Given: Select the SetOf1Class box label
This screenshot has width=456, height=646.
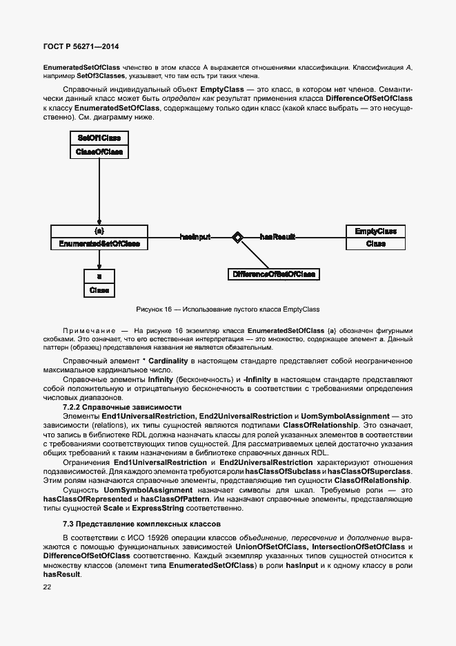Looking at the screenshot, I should pos(99,138).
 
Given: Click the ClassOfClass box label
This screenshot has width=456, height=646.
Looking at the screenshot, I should pos(99,151).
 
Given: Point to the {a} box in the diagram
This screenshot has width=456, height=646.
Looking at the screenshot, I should pos(99,231).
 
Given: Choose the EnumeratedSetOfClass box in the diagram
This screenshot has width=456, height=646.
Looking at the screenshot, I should pos(99,244).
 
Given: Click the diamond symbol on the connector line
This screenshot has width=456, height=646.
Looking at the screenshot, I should pos(237,237).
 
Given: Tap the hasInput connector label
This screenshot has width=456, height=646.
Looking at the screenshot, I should pos(195,237).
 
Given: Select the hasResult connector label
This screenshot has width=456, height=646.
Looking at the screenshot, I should pos(277,237).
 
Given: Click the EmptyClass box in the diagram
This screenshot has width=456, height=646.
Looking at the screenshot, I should pos(375,231).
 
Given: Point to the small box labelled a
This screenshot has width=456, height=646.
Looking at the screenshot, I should pos(99,277).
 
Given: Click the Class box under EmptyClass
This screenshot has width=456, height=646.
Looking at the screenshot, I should pos(375,244).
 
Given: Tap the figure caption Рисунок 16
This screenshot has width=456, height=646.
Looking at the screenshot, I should pos(228,310).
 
